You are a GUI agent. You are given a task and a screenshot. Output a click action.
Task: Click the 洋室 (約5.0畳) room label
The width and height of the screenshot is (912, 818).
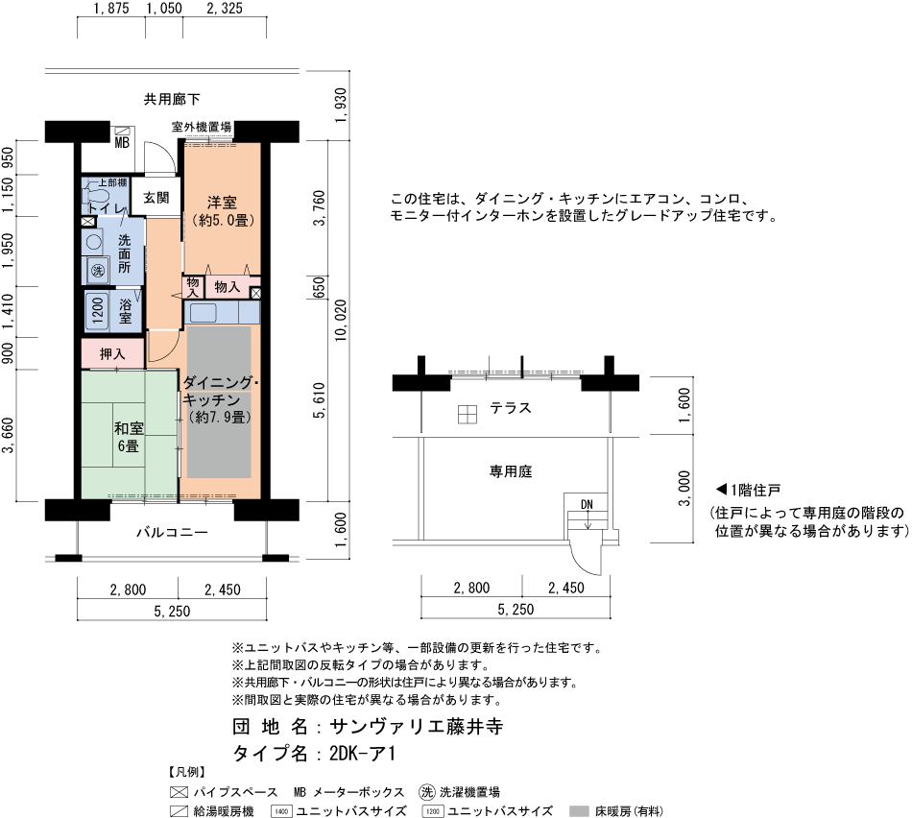222,211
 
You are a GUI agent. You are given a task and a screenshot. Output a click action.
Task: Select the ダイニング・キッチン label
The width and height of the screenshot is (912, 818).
220,398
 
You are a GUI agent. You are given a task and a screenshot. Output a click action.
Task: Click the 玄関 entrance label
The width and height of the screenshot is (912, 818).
156,198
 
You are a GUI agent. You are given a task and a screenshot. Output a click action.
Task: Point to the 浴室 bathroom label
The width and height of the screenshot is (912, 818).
126,310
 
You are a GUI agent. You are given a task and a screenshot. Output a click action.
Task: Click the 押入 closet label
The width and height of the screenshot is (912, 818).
112,354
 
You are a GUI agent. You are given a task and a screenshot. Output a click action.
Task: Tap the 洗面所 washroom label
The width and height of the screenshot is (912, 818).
125,253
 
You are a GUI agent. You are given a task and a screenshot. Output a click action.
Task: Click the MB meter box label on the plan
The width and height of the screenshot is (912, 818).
122,144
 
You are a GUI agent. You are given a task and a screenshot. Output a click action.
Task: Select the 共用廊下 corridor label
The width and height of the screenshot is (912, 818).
172,99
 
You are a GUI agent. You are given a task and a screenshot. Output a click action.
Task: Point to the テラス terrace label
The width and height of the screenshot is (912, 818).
511,409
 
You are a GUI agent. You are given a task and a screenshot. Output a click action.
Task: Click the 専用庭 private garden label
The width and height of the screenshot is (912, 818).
511,471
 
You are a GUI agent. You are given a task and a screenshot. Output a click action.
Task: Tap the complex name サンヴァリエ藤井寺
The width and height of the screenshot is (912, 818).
416,726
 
